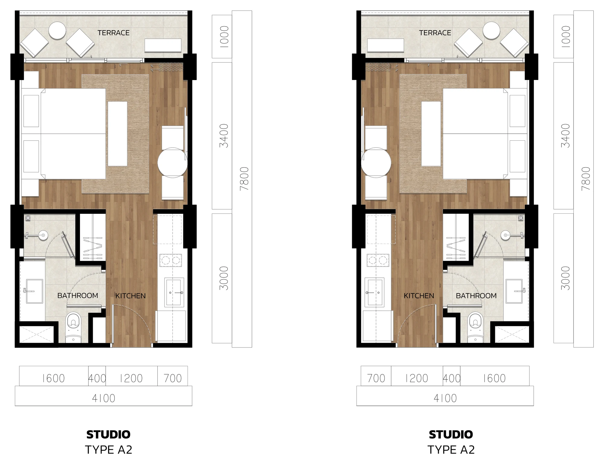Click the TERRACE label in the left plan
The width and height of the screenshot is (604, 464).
114,33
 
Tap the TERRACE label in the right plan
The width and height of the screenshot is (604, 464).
435,33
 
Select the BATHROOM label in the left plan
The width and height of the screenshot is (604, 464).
78,296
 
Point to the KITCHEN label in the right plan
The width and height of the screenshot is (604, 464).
419,296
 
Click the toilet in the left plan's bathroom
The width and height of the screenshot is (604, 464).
74,327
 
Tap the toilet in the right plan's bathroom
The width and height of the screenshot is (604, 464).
475,327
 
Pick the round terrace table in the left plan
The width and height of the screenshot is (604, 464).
57,30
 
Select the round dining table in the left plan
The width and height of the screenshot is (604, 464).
172,162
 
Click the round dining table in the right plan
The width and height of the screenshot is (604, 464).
376,162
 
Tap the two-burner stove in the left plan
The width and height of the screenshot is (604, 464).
171,261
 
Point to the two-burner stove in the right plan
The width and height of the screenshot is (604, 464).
378,261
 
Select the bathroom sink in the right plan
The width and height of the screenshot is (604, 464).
514,291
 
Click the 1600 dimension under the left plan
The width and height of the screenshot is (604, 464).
53,378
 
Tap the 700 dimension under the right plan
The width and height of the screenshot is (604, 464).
376,378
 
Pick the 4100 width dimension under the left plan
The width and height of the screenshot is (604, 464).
104,398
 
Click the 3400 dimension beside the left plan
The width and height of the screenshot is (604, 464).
224,136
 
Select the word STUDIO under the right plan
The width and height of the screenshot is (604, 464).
451,434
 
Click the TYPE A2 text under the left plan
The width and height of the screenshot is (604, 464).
109,450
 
